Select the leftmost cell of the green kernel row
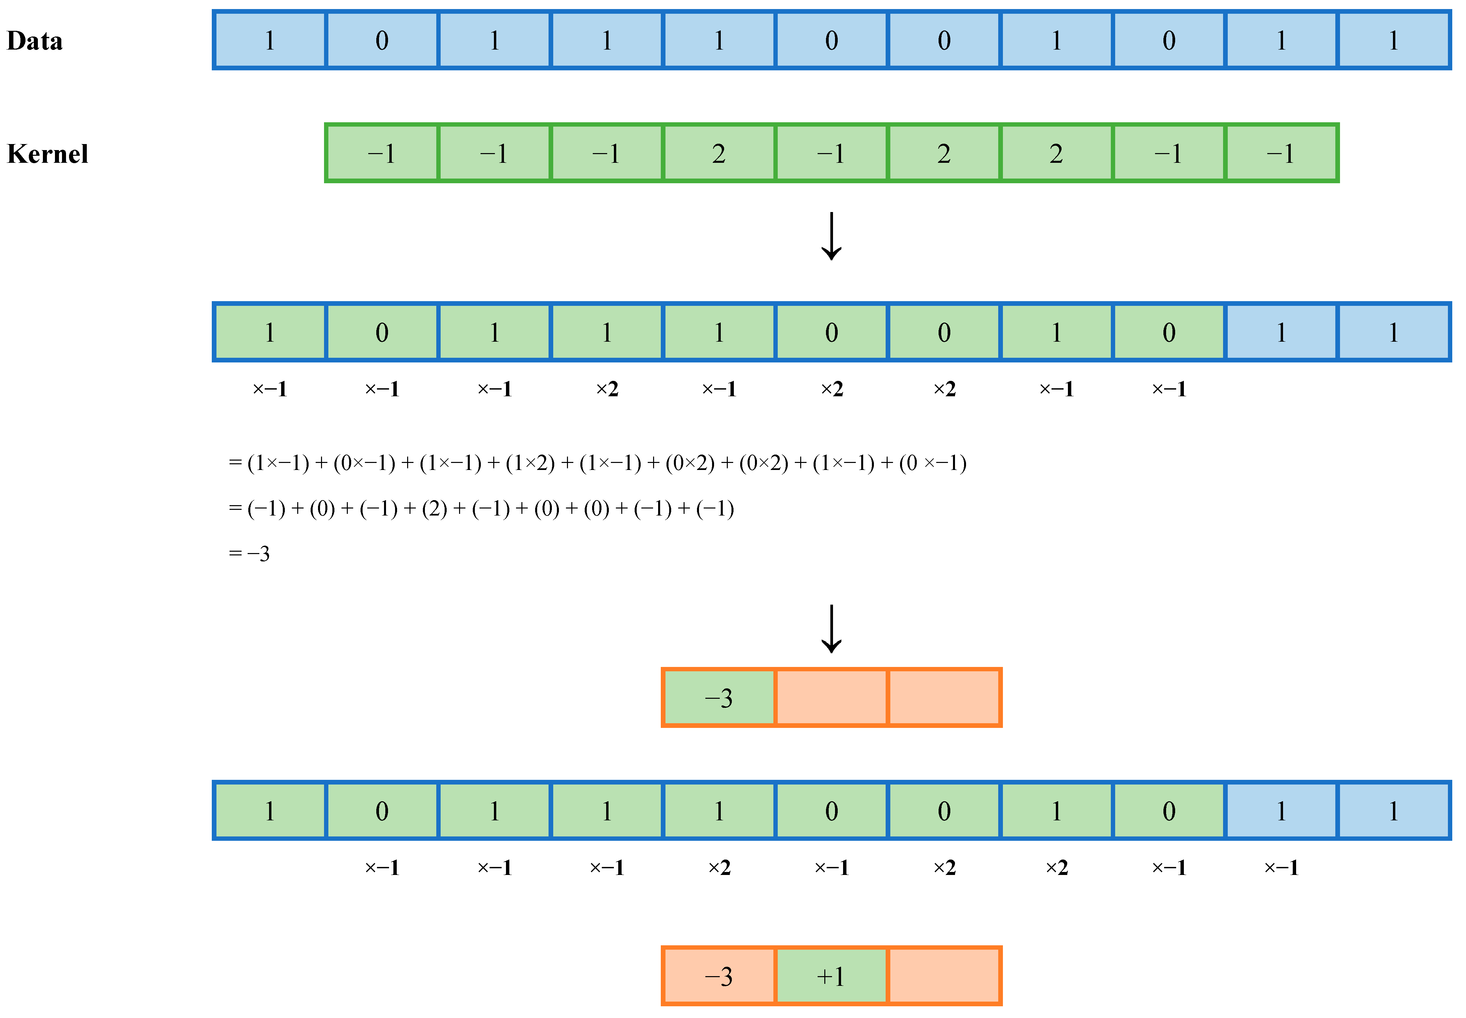coord(381,153)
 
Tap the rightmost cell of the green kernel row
coord(1281,153)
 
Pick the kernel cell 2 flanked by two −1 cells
coord(719,153)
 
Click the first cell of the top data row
coord(270,40)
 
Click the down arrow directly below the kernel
coord(831,236)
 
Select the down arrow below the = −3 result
coord(831,629)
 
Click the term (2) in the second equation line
coord(435,508)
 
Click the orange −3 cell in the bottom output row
coord(719,976)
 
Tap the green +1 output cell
coord(831,976)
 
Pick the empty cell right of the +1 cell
coord(944,976)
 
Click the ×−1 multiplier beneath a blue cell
coord(1281,868)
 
